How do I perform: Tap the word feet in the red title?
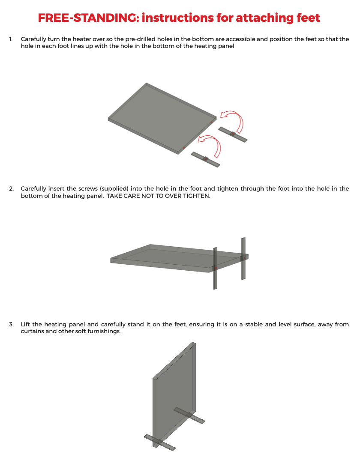(309, 18)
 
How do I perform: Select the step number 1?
(11, 39)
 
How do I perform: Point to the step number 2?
(11, 188)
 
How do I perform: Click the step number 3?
(11, 324)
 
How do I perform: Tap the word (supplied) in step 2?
(114, 188)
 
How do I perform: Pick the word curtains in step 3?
(33, 332)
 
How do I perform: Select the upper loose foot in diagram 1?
(233, 134)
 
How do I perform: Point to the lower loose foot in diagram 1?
(205, 159)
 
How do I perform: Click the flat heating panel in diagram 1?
(162, 119)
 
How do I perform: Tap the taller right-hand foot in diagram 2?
(243, 259)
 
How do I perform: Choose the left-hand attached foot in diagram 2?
(215, 268)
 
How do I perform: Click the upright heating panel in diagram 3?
(174, 394)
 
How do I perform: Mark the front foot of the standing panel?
(160, 442)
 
